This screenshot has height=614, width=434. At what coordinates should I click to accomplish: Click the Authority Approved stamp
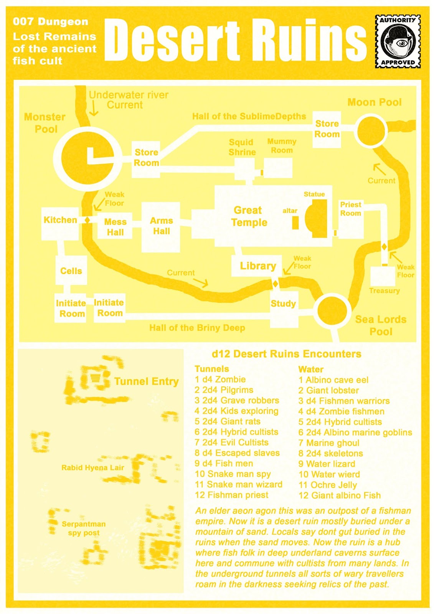(398, 41)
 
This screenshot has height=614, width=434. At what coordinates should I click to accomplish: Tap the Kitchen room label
(60, 220)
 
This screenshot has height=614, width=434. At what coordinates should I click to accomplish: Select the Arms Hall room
(161, 226)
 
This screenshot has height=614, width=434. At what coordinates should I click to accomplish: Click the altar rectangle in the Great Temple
(295, 223)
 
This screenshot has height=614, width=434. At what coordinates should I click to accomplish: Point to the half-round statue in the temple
(317, 218)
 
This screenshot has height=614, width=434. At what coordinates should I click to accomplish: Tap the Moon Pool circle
(371, 132)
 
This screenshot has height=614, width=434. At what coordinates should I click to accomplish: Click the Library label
(258, 266)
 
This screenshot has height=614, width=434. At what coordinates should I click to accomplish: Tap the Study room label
(283, 304)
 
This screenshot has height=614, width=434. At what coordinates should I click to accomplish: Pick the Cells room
(71, 271)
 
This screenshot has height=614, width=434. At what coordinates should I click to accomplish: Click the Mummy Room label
(282, 146)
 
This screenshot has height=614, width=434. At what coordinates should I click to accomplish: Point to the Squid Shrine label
(242, 147)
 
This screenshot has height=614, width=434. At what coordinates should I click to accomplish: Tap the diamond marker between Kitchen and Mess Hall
(87, 220)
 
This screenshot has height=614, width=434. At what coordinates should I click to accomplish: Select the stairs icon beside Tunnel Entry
(95, 378)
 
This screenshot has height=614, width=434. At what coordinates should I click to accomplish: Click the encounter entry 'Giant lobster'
(328, 390)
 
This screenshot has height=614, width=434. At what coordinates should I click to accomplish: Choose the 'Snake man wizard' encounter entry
(239, 484)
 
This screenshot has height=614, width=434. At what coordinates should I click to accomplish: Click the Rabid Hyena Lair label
(92, 467)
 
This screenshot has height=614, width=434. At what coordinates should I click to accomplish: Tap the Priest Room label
(350, 209)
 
